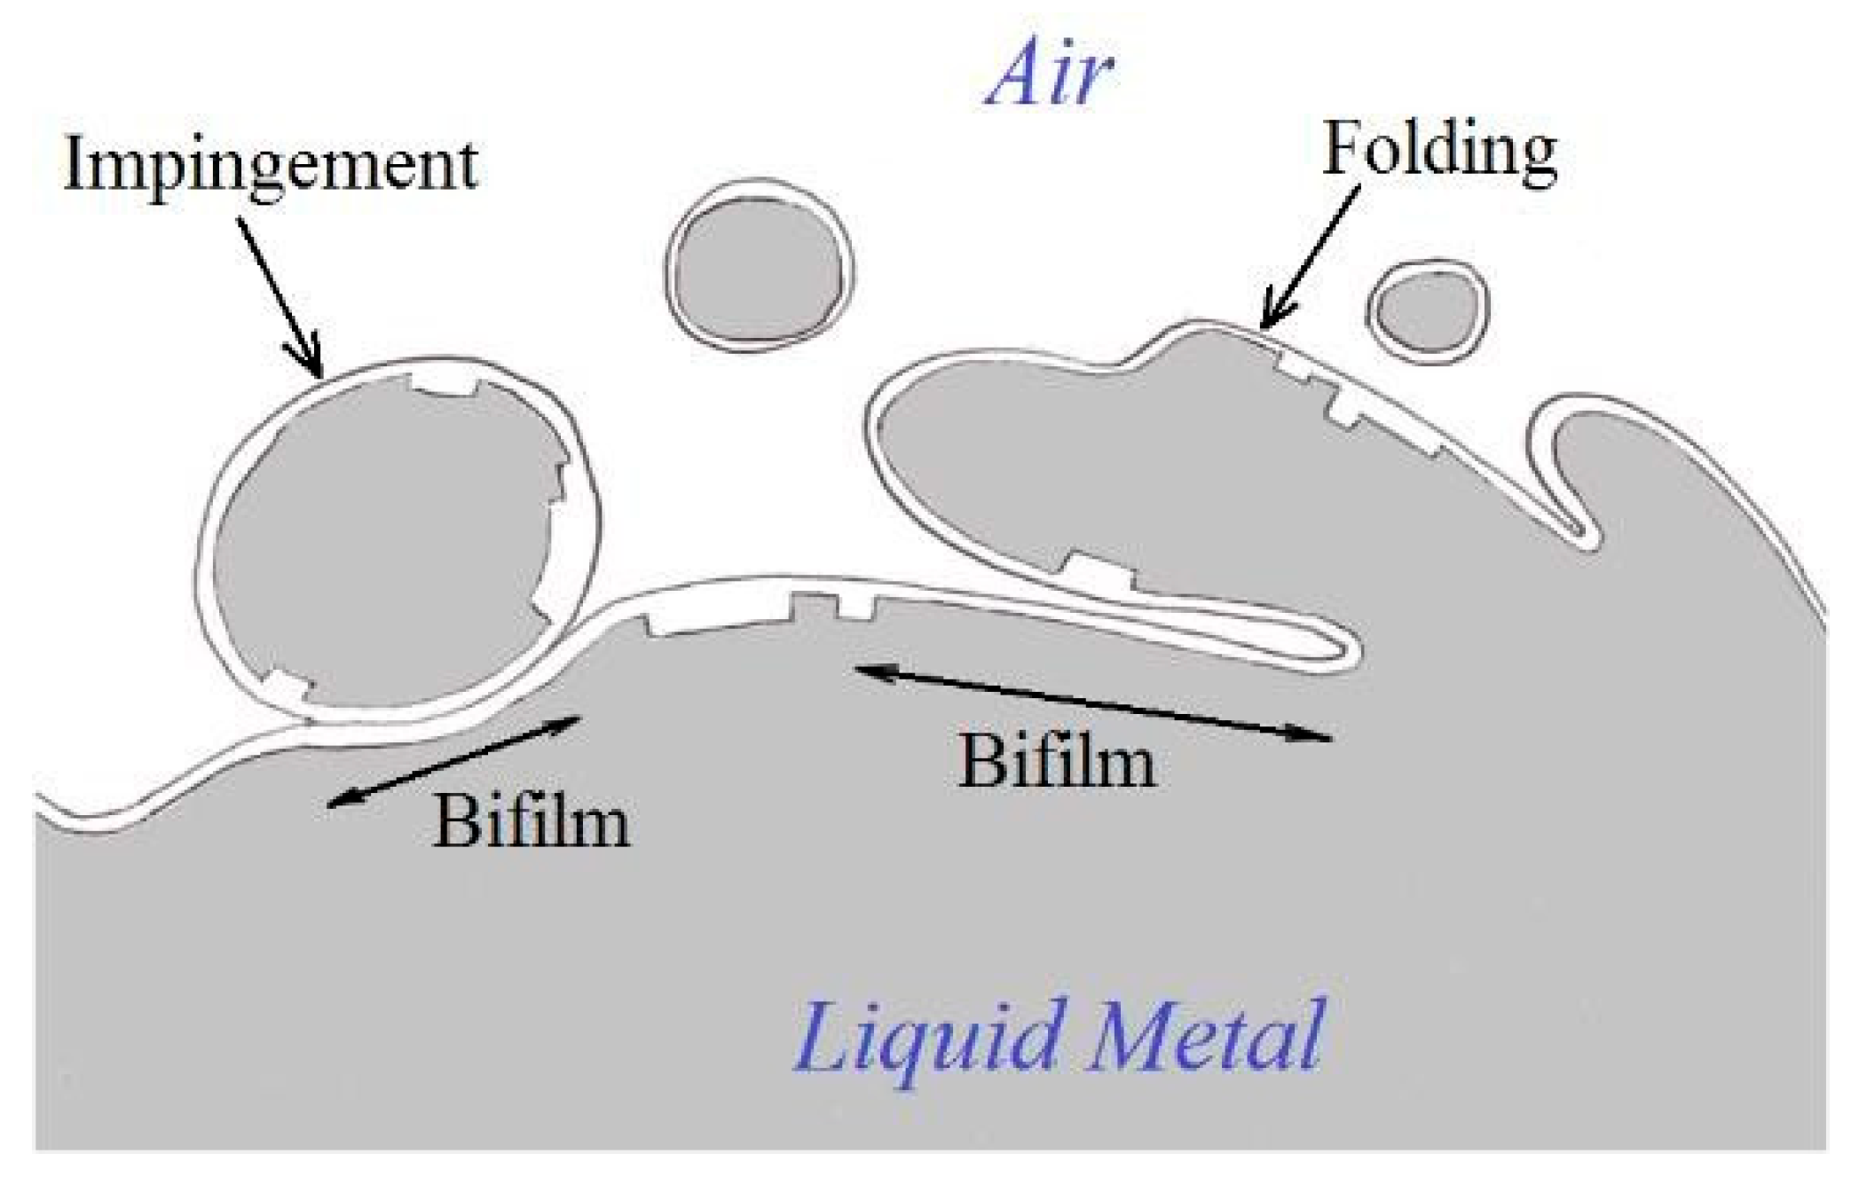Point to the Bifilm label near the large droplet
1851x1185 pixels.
click(x=531, y=821)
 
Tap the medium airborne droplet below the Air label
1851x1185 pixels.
click(x=760, y=266)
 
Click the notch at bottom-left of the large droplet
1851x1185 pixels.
click(x=290, y=685)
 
